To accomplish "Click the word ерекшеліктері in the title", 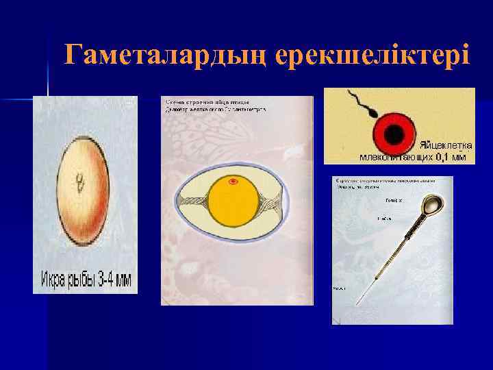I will (x=373, y=54).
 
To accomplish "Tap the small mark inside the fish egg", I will (x=81, y=183).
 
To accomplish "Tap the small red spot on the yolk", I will (x=233, y=182).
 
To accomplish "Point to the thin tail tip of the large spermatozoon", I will (x=359, y=301).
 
